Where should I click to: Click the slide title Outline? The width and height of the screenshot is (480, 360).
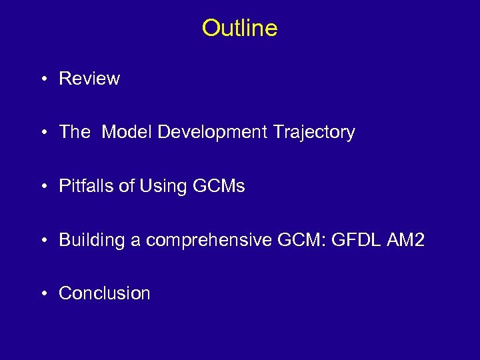pos(239,28)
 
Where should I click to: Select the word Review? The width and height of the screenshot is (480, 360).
pos(89,79)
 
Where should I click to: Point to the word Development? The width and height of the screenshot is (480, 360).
pos(213,132)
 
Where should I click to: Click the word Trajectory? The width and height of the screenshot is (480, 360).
pos(313,132)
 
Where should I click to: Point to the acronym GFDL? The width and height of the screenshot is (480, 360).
pos(360,240)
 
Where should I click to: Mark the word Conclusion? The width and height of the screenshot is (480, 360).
pos(105,293)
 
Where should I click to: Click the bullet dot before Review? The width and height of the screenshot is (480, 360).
pos(43,79)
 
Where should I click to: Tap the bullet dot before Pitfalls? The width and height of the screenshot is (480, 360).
pos(43,187)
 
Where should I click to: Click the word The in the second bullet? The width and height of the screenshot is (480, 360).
pos(74,132)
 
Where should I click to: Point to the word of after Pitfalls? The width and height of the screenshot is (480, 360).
pos(127,186)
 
